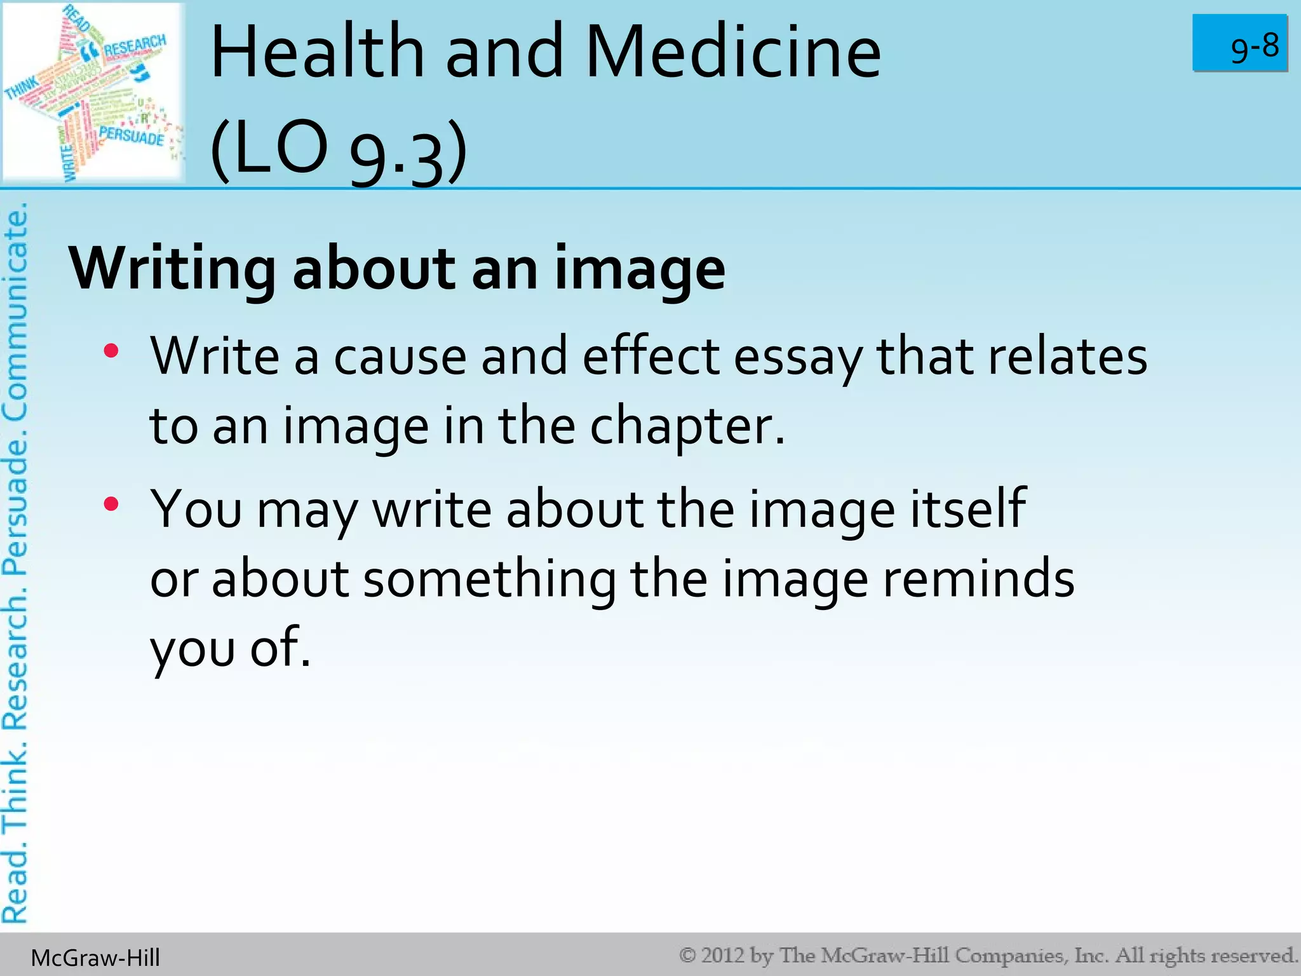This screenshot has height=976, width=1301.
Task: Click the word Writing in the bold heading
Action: pyautogui.click(x=172, y=269)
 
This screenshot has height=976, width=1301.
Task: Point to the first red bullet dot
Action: pyautogui.click(x=111, y=351)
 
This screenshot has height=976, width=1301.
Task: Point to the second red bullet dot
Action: pyautogui.click(x=111, y=505)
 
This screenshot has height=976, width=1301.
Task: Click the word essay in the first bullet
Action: pyautogui.click(x=798, y=357)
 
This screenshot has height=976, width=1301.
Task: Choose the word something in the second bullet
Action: pyautogui.click(x=489, y=579)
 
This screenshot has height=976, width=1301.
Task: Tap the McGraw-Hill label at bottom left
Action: pyautogui.click(x=95, y=958)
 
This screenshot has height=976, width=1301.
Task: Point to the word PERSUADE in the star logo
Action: pyautogui.click(x=131, y=135)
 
